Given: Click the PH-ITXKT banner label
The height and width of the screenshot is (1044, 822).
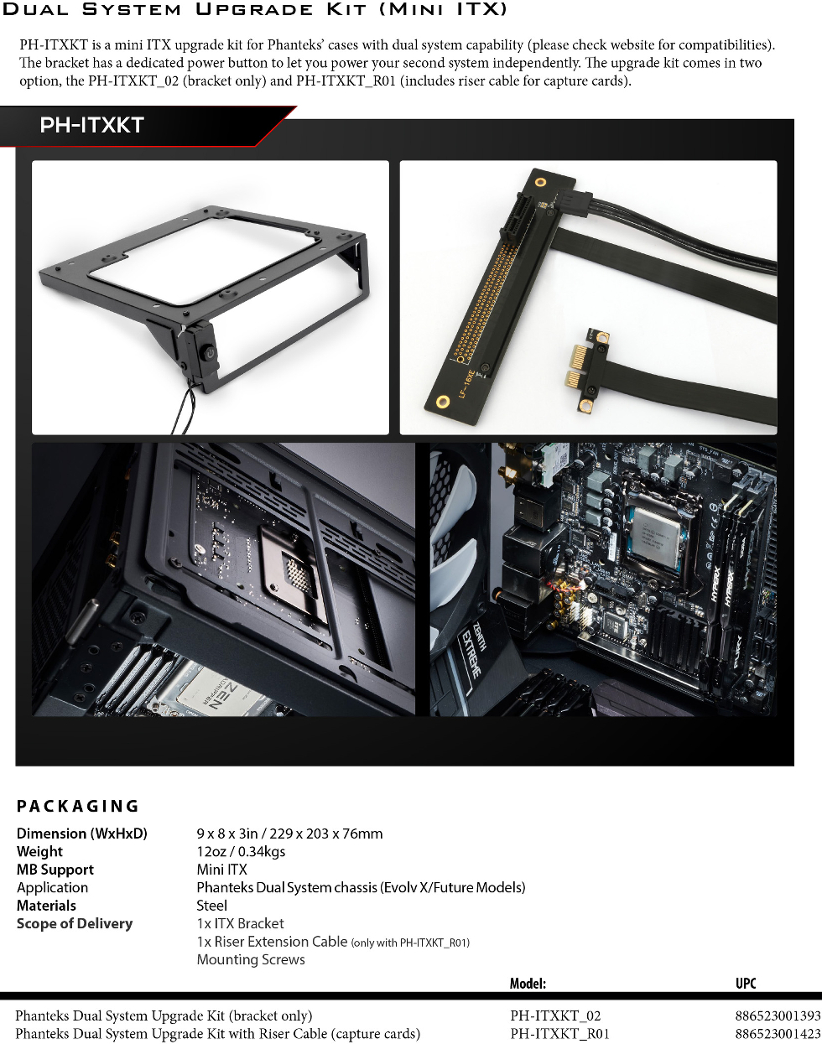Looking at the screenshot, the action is (91, 125).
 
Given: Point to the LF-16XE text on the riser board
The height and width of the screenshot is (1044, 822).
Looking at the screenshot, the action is (466, 383).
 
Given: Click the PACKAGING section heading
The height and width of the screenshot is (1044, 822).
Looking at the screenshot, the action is (78, 806).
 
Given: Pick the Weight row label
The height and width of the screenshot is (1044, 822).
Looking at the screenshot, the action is (39, 851).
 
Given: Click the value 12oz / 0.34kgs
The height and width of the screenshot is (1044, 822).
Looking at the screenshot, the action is (241, 851).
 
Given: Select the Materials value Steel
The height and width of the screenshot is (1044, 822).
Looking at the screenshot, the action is (211, 906).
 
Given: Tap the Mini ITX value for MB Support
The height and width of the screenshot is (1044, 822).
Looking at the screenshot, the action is (221, 870).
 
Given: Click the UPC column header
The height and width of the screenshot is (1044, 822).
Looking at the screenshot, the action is (746, 984).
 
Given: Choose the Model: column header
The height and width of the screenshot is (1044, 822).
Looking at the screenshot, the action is (528, 984).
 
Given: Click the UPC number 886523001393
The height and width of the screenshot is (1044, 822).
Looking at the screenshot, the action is (778, 1015).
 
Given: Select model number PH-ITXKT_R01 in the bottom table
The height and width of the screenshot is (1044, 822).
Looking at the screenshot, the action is (559, 1034).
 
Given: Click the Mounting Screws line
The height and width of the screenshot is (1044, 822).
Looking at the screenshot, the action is (251, 959).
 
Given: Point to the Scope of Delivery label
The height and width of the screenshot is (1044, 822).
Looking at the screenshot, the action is (75, 924).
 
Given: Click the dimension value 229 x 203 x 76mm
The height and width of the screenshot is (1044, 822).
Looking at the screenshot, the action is (326, 834).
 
